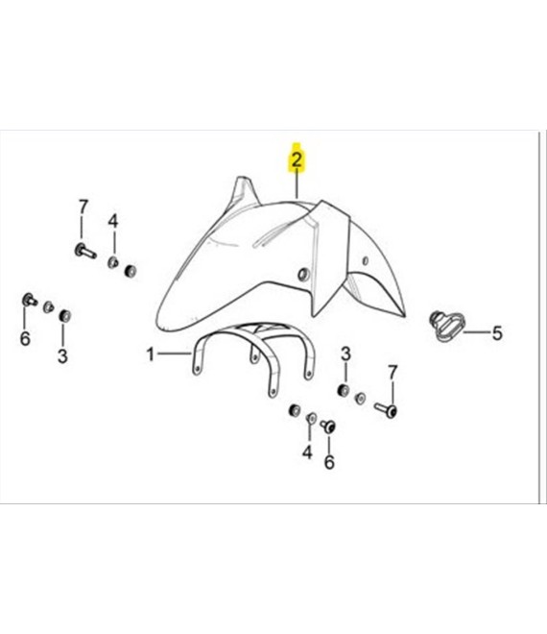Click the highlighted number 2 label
(297, 160)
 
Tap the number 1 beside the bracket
(151, 354)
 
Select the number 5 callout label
(496, 333)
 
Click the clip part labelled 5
(447, 326)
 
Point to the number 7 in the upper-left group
(83, 207)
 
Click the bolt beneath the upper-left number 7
(85, 251)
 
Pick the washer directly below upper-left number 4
(112, 262)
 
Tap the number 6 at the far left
(25, 338)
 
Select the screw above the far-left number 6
(30, 300)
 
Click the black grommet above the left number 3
(64, 316)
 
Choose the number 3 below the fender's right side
(345, 354)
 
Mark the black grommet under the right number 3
(344, 391)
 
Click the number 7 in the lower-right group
(392, 372)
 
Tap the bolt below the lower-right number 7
(386, 410)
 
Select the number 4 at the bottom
(307, 452)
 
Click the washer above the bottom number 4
(312, 418)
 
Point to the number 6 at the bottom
(329, 462)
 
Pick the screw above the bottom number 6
(328, 427)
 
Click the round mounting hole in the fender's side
(302, 275)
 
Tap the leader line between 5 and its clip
(476, 332)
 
